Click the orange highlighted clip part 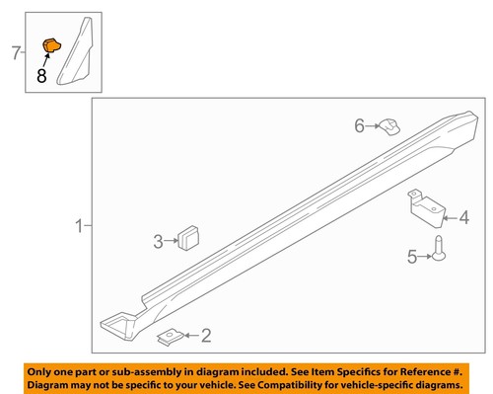(x=52, y=45)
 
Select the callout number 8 (x=41, y=76)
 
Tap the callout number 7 (x=16, y=52)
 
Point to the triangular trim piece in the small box (x=76, y=51)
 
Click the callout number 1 (x=79, y=226)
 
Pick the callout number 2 (x=206, y=336)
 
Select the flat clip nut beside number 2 (x=171, y=337)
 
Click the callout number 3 (x=158, y=241)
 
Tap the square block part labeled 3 (x=188, y=238)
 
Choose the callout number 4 (x=463, y=217)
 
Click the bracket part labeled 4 (x=426, y=208)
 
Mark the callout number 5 (x=412, y=257)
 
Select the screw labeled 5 (x=439, y=249)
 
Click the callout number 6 (x=359, y=125)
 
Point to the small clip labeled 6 (x=389, y=127)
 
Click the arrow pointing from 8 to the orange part (x=46, y=60)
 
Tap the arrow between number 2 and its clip (x=191, y=336)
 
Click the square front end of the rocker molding (x=117, y=325)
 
